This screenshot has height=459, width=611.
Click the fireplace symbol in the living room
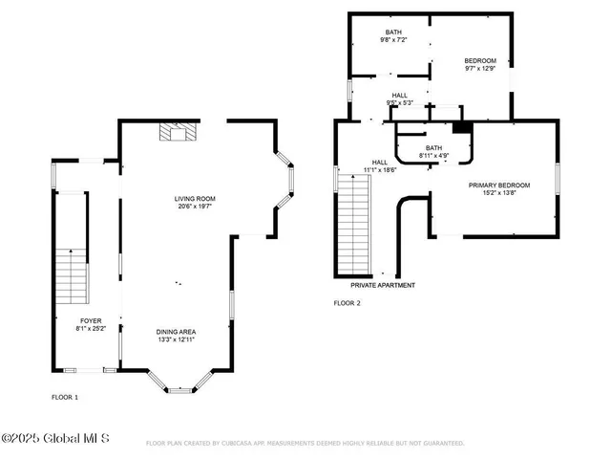(175, 131)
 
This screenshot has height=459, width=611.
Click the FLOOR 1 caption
(65, 396)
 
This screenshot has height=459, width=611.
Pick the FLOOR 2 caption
(347, 303)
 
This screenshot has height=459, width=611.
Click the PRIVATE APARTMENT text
(383, 285)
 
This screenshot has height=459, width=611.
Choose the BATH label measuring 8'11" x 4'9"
(434, 147)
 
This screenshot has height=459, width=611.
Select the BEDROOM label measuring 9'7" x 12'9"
(480, 60)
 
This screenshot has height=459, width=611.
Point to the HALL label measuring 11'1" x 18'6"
(379, 163)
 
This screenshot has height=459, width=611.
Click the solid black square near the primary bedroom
(462, 127)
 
